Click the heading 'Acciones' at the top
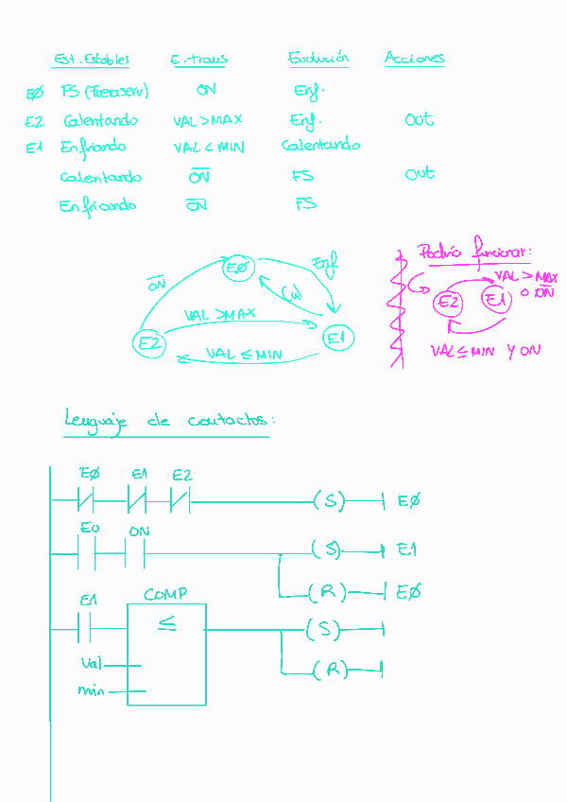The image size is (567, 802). tap(414, 58)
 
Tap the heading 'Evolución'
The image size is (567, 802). tap(318, 58)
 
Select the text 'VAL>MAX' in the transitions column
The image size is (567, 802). tap(208, 120)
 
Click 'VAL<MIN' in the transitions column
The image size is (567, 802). tap(209, 148)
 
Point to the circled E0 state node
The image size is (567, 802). tap(238, 269)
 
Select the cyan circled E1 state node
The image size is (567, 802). tap(337, 338)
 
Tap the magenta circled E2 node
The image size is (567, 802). tap(448, 303)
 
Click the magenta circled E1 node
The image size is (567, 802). tap(495, 301)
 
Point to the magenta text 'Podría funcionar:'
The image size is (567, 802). tap(474, 253)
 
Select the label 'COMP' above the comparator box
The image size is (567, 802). tap(165, 594)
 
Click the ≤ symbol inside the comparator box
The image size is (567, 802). tap(166, 624)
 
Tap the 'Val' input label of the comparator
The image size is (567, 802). tap(93, 664)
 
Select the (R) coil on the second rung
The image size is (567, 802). tap(327, 593)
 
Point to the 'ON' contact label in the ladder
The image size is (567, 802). tap(139, 532)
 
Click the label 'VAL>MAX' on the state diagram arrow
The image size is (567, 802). tap(219, 314)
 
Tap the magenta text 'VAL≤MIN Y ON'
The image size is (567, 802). tap(485, 351)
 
